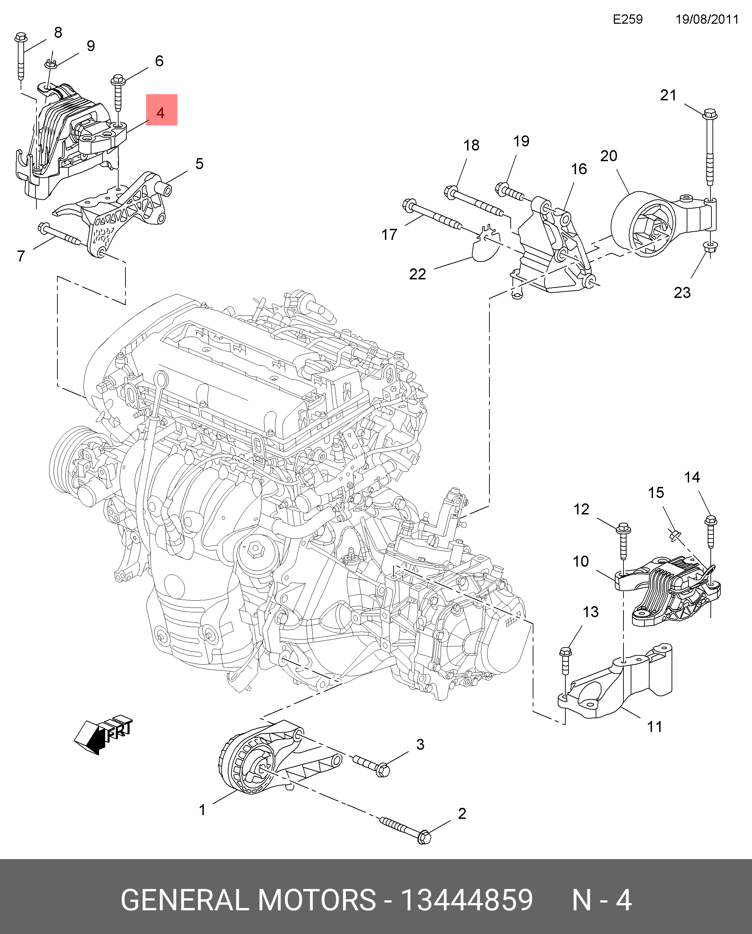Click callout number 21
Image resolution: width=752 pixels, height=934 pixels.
tap(667, 95)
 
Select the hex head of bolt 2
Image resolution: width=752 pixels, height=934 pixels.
tap(424, 837)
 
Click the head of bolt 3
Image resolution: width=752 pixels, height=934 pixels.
tap(383, 770)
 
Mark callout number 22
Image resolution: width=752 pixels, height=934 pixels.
tap(417, 274)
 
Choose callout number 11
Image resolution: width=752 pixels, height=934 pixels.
tap(654, 726)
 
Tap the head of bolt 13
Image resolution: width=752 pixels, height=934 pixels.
tap(565, 652)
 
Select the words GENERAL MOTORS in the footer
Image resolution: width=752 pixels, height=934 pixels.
tap(248, 899)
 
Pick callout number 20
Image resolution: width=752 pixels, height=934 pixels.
tap(608, 156)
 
